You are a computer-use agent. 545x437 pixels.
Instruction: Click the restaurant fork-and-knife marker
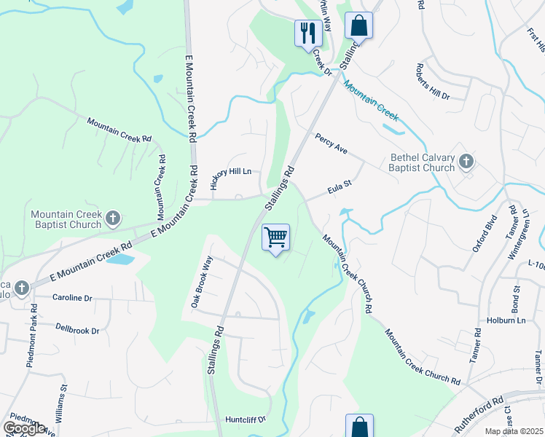[x=307, y=33]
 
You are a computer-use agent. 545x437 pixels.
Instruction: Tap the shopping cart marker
[x=275, y=237]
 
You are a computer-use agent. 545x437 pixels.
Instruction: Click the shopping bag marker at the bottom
[x=358, y=426]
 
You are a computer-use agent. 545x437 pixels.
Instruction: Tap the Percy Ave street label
[x=331, y=143]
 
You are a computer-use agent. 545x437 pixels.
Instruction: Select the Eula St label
[x=340, y=189]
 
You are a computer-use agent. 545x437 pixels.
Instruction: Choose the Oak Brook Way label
[x=201, y=282]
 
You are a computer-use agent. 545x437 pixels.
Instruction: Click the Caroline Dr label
[x=72, y=298]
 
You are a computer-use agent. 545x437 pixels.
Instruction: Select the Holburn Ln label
[x=506, y=320]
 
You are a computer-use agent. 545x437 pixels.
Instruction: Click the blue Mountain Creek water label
[x=371, y=100]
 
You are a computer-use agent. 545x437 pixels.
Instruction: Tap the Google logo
[x=24, y=428]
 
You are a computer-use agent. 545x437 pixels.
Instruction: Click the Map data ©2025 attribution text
[x=514, y=431]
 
